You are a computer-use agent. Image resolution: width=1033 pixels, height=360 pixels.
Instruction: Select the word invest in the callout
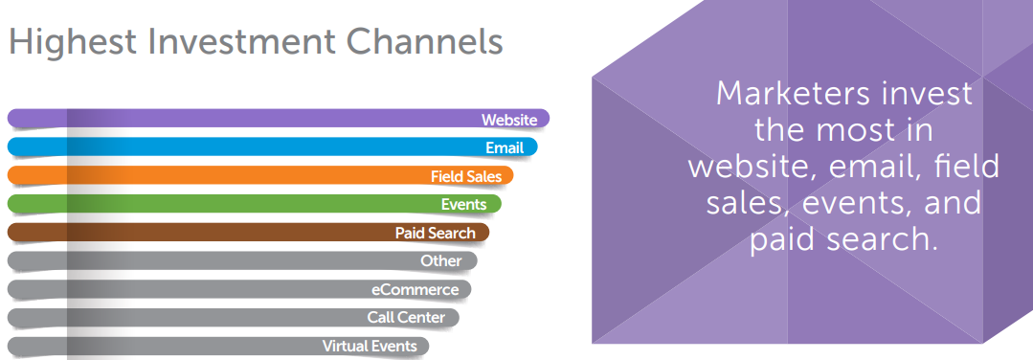(x=927, y=94)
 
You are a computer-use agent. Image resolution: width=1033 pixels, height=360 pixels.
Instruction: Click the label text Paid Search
(x=435, y=233)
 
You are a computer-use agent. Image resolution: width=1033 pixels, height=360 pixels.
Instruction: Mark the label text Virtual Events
(x=370, y=346)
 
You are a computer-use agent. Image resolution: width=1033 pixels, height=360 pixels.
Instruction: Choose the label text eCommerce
(x=415, y=289)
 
